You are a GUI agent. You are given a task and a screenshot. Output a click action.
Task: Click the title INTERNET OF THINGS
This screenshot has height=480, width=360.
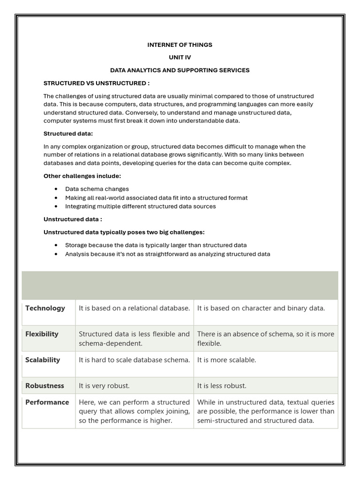click(180, 45)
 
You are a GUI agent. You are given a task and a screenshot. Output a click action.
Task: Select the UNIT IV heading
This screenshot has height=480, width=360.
click(180, 57)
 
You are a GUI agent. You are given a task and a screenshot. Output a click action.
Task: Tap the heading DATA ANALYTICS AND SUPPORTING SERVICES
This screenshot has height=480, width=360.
click(180, 70)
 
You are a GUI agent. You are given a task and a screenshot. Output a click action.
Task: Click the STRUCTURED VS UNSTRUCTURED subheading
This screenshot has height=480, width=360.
click(97, 83)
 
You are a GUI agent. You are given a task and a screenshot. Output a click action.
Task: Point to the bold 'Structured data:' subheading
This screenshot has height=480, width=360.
click(68, 134)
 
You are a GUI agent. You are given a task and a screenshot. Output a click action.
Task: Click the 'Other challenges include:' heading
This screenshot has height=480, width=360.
click(82, 176)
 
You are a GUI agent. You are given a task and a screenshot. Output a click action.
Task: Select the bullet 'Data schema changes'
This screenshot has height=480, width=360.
click(97, 189)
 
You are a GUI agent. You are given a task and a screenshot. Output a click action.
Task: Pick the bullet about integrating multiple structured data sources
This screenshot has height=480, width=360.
click(140, 206)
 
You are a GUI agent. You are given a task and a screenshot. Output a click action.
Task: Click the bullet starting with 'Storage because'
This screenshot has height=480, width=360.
click(156, 245)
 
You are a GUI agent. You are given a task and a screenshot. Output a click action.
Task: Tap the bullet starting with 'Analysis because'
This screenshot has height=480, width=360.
click(167, 254)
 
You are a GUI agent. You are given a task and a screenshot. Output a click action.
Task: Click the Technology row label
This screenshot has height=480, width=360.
click(45, 308)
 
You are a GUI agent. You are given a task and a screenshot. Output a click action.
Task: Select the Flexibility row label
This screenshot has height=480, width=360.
click(42, 334)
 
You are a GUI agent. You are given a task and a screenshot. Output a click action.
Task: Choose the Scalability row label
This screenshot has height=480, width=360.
click(43, 360)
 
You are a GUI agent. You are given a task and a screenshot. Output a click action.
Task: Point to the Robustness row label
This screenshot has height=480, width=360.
click(45, 386)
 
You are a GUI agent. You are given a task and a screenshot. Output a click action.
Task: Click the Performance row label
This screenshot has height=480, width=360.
click(47, 402)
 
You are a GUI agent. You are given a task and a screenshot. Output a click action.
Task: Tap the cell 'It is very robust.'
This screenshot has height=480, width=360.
click(104, 386)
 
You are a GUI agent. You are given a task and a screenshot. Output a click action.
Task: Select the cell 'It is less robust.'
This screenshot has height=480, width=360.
click(222, 386)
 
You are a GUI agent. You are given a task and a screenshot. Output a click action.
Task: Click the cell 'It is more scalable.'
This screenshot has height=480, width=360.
click(226, 360)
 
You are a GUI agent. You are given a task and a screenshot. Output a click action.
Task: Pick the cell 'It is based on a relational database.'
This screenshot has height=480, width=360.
click(134, 308)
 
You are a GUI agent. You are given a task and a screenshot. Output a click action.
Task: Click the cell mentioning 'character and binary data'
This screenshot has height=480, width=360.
click(261, 308)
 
